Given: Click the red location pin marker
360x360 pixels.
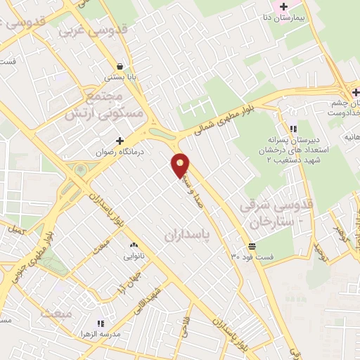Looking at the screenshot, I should [x=181, y=165].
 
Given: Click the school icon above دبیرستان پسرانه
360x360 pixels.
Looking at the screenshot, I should [x=293, y=129].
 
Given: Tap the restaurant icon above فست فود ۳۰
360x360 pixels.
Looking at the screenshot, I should [x=251, y=245].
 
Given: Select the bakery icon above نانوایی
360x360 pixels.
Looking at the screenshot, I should [x=134, y=245].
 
